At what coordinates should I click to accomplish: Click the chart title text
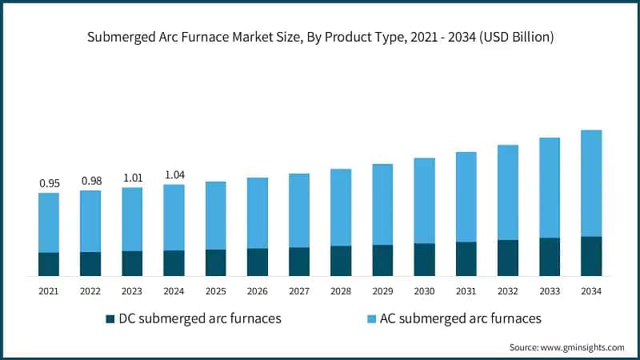[x=320, y=37]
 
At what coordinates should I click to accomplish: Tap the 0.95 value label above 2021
[x=49, y=183]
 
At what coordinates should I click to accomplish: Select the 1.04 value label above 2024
[x=174, y=174]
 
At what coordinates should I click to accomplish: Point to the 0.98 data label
[x=90, y=181]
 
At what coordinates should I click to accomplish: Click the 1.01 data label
[x=132, y=178]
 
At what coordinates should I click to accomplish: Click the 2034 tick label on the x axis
[x=590, y=290]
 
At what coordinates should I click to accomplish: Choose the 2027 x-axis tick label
[x=298, y=290]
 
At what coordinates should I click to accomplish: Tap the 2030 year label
[x=424, y=290]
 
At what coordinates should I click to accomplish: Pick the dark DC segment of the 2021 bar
[x=49, y=264]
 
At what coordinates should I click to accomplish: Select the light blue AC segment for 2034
[x=590, y=183]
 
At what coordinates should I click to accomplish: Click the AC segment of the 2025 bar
[x=215, y=215]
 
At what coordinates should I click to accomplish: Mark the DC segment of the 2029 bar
[x=382, y=260]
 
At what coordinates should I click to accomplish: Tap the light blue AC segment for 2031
[x=466, y=197]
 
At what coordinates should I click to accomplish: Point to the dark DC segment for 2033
[x=549, y=257]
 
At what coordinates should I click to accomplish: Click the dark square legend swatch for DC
[x=110, y=318]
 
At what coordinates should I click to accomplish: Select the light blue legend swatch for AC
[x=370, y=318]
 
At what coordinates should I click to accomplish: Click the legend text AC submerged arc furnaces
[x=460, y=318]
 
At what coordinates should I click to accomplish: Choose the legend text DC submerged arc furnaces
[x=199, y=318]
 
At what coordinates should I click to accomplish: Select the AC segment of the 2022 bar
[x=90, y=221]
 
